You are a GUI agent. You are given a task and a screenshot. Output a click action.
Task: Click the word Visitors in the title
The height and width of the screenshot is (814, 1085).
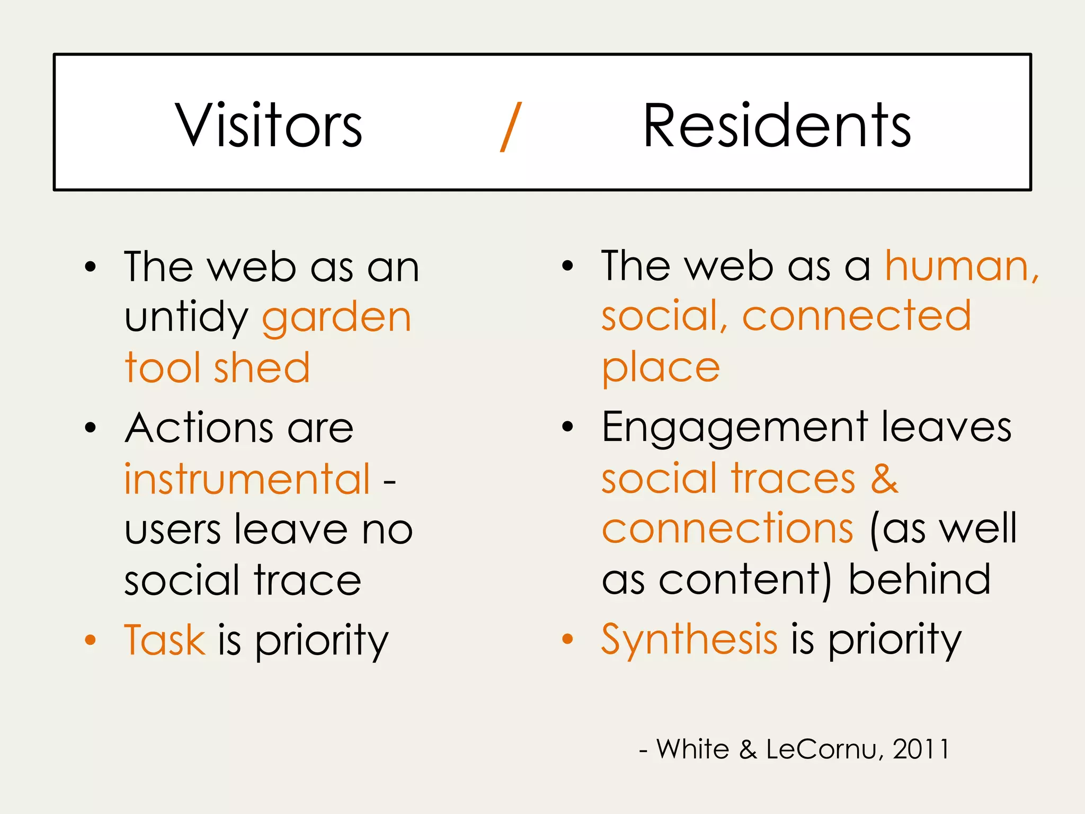pos(269,126)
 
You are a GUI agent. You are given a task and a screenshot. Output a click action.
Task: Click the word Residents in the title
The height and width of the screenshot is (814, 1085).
pos(777,126)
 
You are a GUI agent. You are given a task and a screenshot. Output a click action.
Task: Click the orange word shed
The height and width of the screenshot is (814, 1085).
pos(262,368)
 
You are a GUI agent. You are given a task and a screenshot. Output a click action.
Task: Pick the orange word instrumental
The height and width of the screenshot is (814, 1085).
pos(247,479)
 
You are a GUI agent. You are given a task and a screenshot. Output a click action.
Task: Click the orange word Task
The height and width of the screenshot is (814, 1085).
pos(165,640)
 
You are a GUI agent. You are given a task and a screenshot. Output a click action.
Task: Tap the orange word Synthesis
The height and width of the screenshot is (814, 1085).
pos(689,640)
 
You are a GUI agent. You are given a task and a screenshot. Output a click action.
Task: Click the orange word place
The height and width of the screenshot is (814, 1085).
pos(661,369)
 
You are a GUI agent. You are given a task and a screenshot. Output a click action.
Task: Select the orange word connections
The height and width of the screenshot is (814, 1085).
pos(727,529)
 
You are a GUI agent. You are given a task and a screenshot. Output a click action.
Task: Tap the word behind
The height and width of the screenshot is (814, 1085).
pos(920,580)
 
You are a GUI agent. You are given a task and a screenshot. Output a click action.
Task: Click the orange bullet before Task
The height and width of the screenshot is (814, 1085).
pos(91,640)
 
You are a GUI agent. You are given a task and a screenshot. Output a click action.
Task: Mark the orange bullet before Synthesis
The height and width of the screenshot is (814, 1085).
pos(567,639)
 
